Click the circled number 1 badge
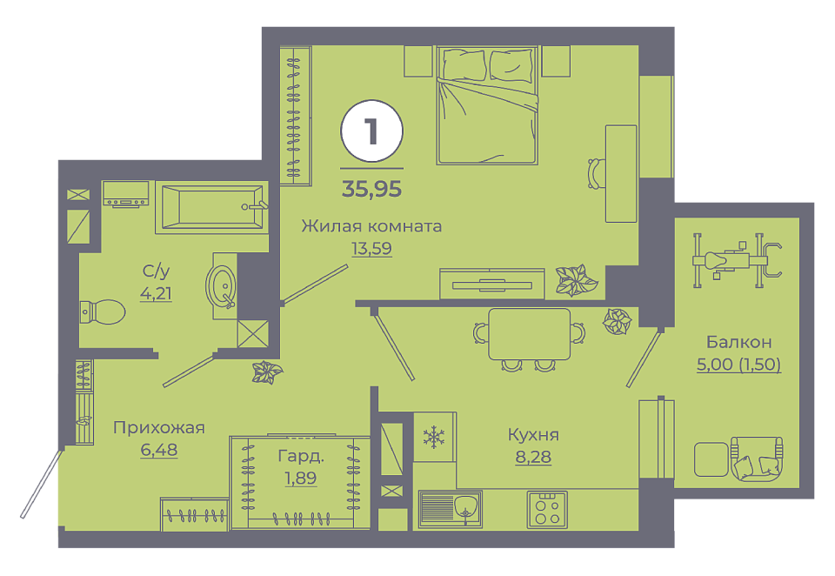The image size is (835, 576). click(x=371, y=131)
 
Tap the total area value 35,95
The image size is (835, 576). click(x=371, y=189)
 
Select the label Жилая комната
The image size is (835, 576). click(x=371, y=226)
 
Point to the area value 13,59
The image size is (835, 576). click(x=371, y=249)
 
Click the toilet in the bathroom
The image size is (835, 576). click(x=103, y=311)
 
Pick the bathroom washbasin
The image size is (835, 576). click(x=222, y=286)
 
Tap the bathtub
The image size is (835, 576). click(x=211, y=207)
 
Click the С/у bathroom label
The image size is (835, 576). click(x=156, y=271)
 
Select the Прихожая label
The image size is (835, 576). click(x=158, y=427)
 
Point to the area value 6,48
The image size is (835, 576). click(x=158, y=450)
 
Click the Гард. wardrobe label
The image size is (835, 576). click(x=301, y=456)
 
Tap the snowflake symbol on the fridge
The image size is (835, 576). click(x=434, y=437)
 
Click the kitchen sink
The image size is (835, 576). click(x=450, y=509)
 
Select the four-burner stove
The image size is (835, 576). click(x=547, y=509)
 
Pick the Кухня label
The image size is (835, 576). click(x=533, y=435)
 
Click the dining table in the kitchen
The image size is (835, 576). click(x=530, y=334)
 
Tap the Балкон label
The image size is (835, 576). click(x=738, y=342)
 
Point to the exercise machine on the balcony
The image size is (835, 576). click(x=737, y=260)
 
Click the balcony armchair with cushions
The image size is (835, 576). click(x=757, y=459)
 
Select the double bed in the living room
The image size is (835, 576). click(x=487, y=105)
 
